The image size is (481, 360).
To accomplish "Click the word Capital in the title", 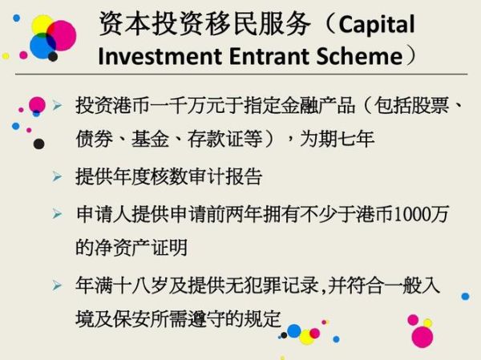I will [377, 24].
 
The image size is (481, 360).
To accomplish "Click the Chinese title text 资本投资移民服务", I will [204, 24].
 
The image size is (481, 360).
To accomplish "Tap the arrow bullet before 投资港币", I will [57, 106].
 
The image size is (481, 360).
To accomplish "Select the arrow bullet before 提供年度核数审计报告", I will [57, 176].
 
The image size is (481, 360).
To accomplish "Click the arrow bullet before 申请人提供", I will [57, 214].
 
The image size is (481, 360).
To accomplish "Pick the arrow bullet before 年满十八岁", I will [57, 285].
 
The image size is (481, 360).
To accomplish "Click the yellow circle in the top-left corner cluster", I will [42, 25].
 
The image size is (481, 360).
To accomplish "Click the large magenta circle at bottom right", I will [422, 336].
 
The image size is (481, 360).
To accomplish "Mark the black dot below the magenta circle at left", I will [38, 144].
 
